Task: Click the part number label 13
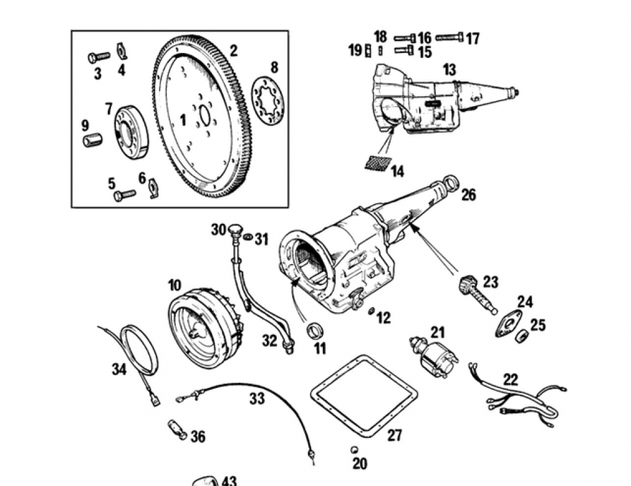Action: [449, 70]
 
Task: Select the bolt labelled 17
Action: [449, 38]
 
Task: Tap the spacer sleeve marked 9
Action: [92, 140]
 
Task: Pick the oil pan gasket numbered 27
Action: [364, 397]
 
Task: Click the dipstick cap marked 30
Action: [235, 229]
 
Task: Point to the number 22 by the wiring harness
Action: [510, 379]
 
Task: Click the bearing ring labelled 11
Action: [315, 330]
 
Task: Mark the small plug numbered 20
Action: [354, 450]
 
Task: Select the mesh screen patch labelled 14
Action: [378, 163]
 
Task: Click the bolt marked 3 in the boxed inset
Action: [99, 57]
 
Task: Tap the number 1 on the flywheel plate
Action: [183, 120]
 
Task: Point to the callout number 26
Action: [468, 194]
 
